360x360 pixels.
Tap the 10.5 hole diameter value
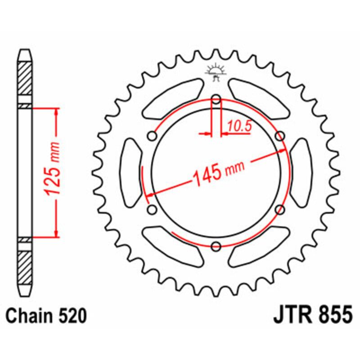pyautogui.click(x=238, y=127)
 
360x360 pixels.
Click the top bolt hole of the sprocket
pyautogui.click(x=216, y=100)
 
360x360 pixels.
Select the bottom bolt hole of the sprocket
pyautogui.click(x=216, y=246)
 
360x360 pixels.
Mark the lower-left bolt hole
pyautogui.click(x=152, y=209)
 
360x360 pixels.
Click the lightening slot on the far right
pyautogui.click(x=300, y=173)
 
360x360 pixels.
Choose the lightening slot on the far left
pyautogui.click(x=131, y=173)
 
